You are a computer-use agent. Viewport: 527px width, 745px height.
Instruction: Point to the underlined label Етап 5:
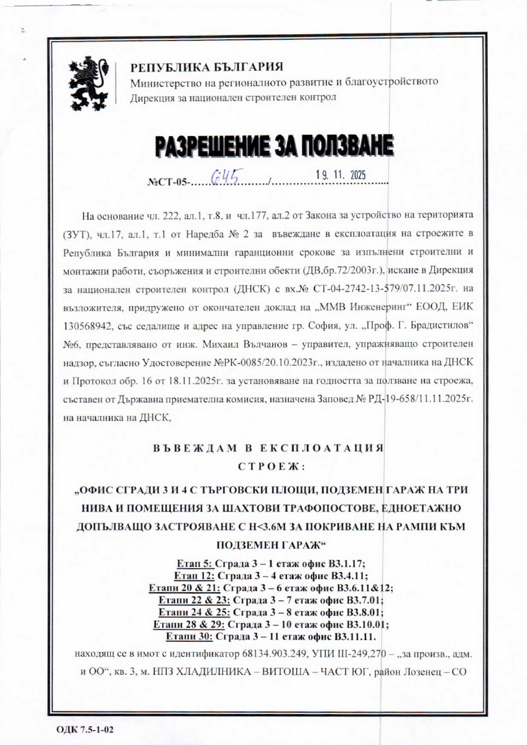195,564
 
